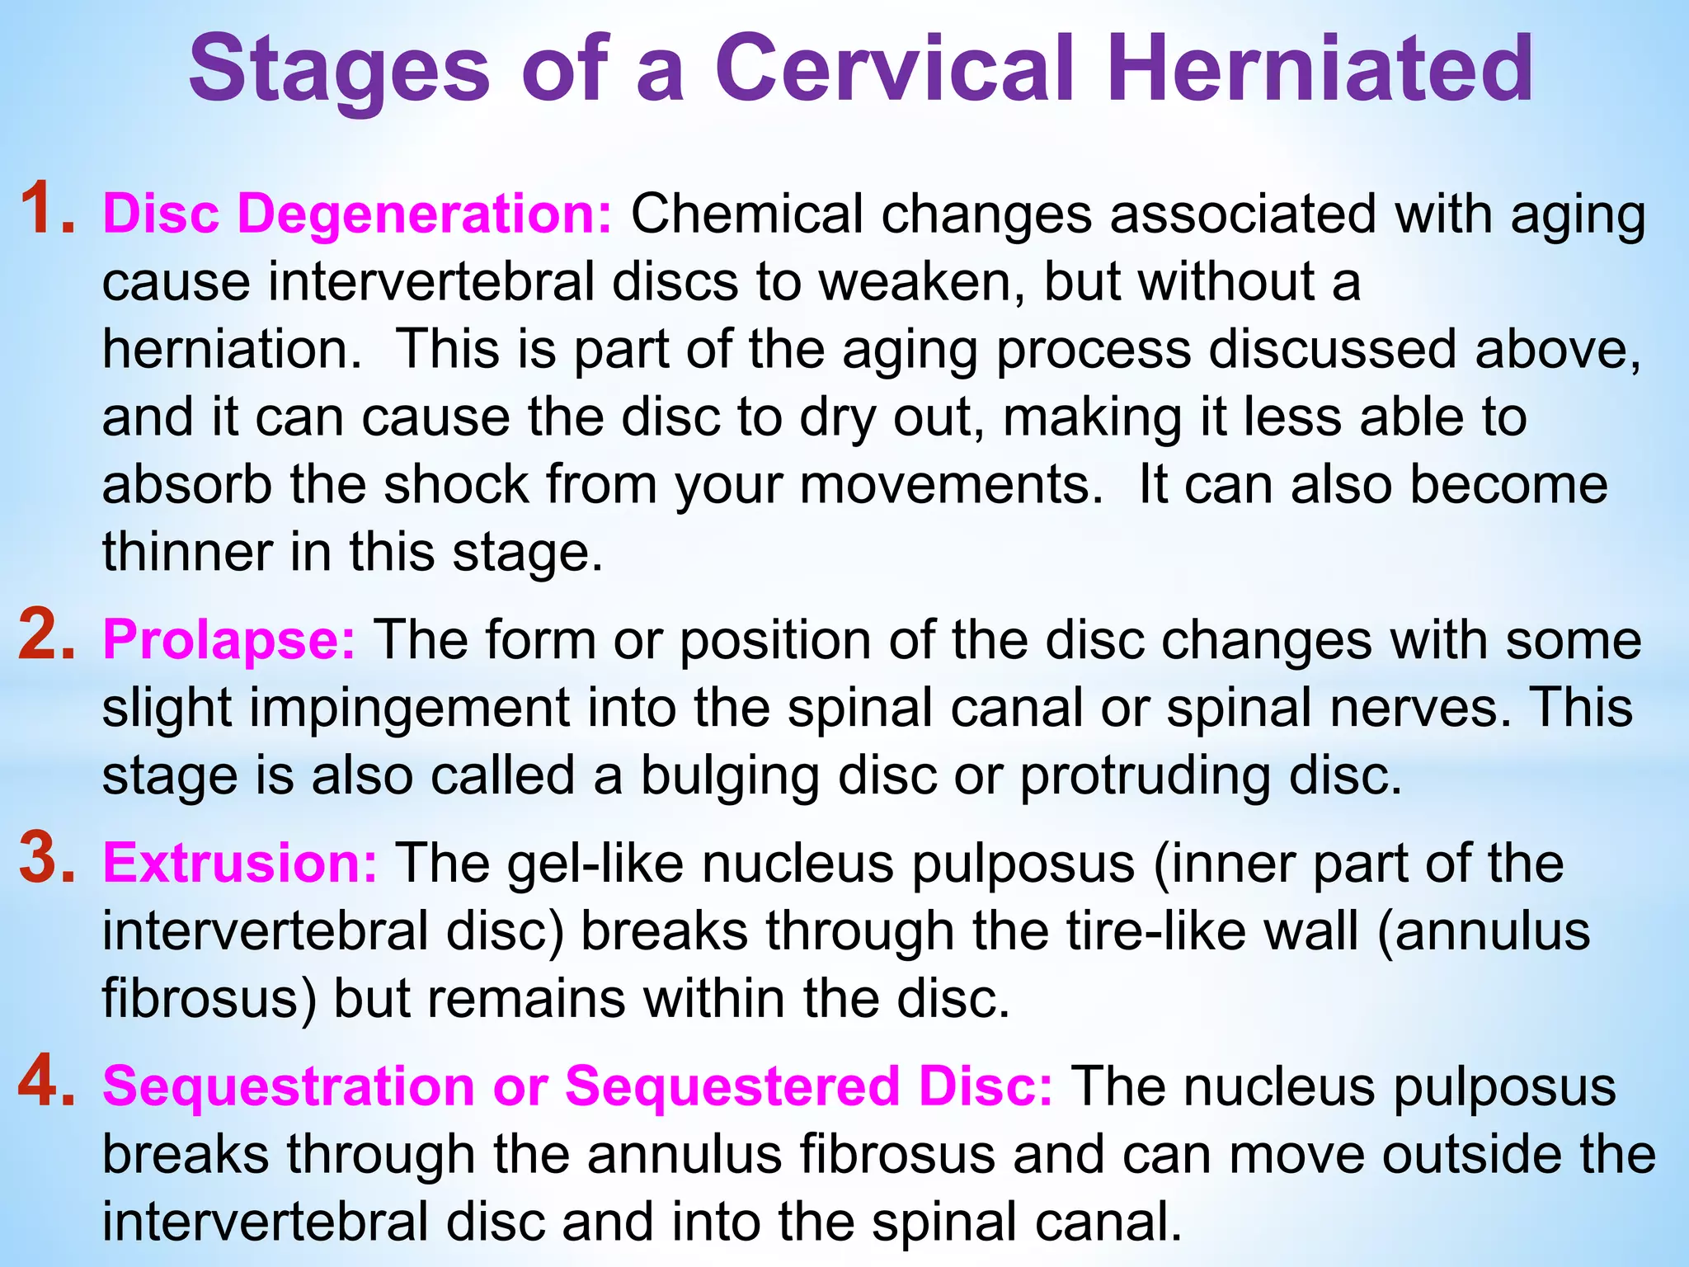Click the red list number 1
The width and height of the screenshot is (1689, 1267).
[x=46, y=210]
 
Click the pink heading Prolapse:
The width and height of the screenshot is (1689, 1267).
[x=229, y=640]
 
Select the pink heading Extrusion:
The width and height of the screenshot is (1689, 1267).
[x=240, y=863]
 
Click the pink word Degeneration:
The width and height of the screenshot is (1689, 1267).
[x=425, y=214]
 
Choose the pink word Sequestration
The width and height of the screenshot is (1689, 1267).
[x=288, y=1086]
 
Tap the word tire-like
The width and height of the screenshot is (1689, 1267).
[x=1155, y=931]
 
